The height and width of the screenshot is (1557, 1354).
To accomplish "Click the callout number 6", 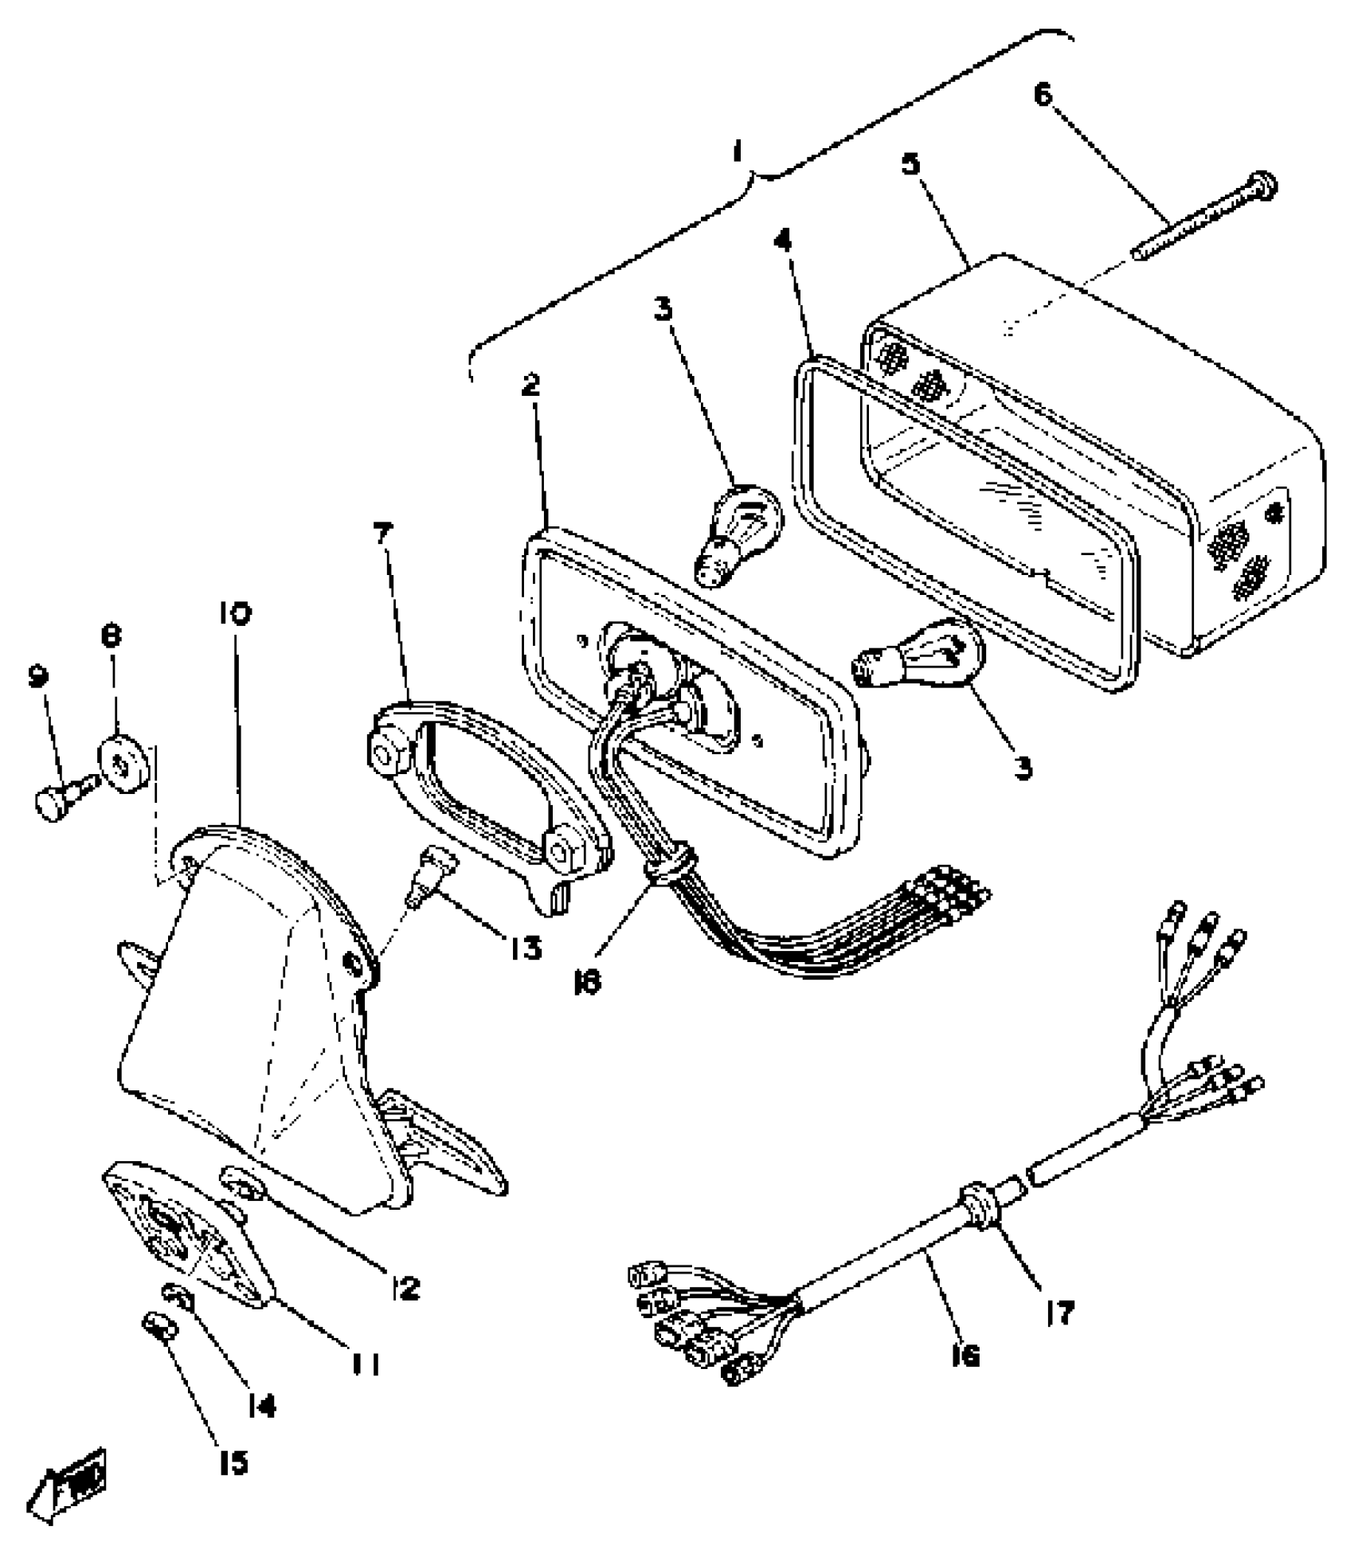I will pos(1043,95).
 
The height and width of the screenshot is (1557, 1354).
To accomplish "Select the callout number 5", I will pos(910,164).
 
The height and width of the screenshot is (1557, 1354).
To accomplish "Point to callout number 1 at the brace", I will pos(739,150).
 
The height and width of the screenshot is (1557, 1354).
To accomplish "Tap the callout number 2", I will pos(531,386).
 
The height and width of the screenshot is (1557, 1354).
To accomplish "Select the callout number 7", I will pos(385,533).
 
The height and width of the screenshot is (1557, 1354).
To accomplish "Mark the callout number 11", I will pos(366,1364).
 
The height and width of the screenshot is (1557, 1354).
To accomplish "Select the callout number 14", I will pos(261,1406).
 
